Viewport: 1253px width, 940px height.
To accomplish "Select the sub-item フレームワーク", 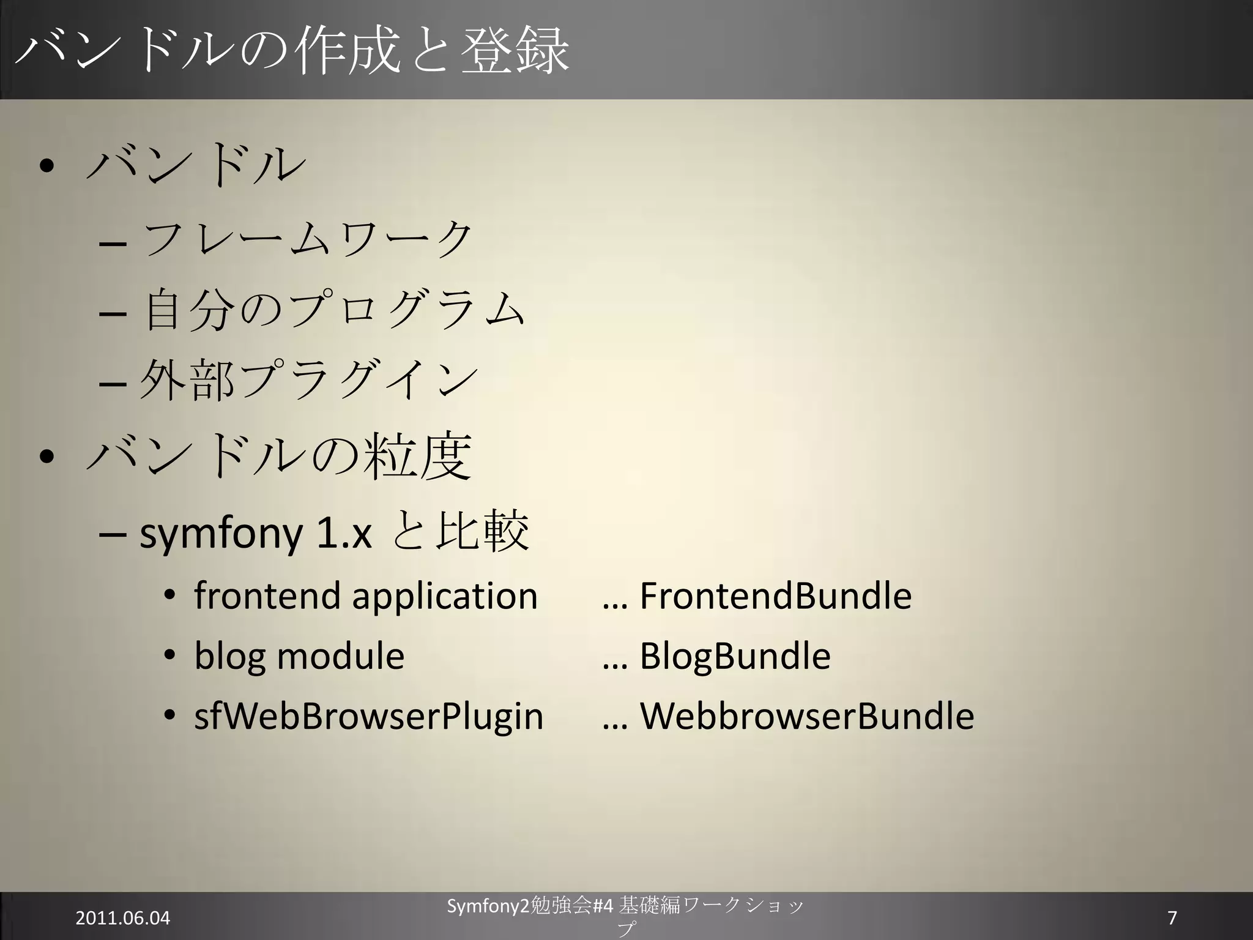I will [308, 238].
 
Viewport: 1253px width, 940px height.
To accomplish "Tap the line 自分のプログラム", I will [334, 310].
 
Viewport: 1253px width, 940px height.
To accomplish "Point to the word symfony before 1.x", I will [221, 534].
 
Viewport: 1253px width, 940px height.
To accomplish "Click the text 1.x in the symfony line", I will [344, 534].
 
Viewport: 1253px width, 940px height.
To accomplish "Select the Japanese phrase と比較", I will [461, 531].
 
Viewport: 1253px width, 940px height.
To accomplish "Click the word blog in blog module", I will [229, 657].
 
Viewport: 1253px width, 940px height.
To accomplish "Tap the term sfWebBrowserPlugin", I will [368, 716].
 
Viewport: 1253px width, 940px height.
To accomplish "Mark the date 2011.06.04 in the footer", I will [122, 918].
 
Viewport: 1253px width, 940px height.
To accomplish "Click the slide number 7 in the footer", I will [1172, 918].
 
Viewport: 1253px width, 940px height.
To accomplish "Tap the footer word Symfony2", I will [487, 906].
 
